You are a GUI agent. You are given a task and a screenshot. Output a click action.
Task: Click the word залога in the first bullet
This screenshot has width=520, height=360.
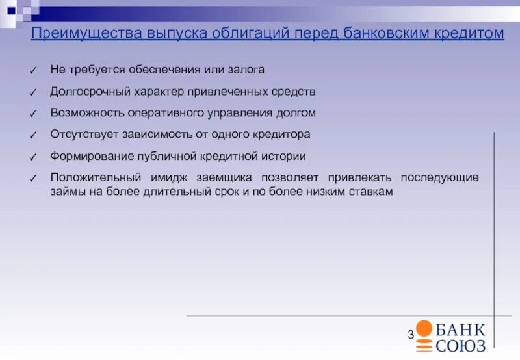[248, 69]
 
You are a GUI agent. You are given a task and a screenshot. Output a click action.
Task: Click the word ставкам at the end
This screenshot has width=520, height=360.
[371, 192]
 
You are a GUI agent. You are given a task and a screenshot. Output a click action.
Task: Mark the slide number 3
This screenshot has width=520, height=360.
[411, 335]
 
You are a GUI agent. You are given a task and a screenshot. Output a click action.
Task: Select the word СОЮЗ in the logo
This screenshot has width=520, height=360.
[461, 344]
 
